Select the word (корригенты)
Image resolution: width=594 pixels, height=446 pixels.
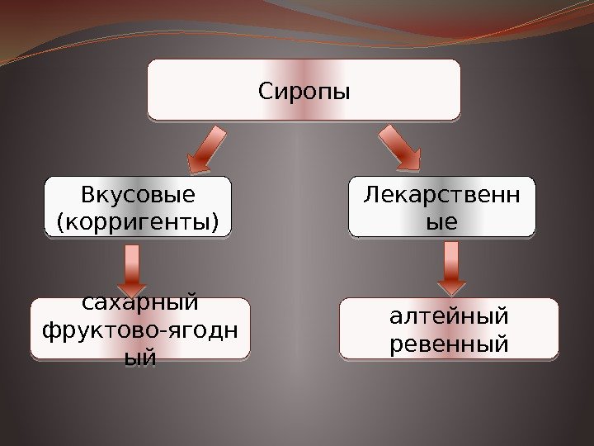[138, 221]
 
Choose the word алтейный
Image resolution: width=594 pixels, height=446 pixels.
[449, 316]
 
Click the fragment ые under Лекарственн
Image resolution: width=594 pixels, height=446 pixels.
[442, 221]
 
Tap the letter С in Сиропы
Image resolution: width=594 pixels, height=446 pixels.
[265, 89]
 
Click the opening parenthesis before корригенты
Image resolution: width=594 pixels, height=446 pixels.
[58, 222]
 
